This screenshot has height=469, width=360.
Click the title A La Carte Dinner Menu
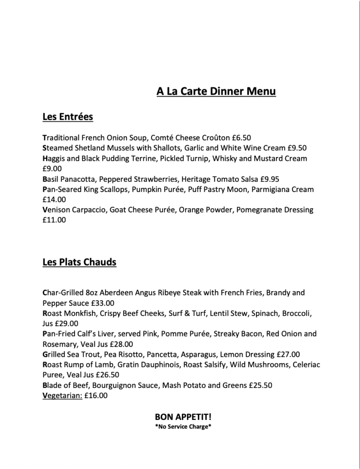(x=216, y=92)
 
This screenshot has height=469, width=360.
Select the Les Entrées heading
(x=67, y=117)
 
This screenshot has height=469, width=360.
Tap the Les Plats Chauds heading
(x=79, y=262)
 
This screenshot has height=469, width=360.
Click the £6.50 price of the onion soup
(x=241, y=137)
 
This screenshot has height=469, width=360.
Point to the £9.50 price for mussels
(x=297, y=148)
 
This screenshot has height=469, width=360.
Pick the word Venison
(x=56, y=210)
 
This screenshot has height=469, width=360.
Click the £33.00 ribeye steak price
(x=103, y=303)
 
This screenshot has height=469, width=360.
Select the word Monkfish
(x=81, y=313)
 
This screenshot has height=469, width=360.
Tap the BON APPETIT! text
(x=183, y=417)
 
